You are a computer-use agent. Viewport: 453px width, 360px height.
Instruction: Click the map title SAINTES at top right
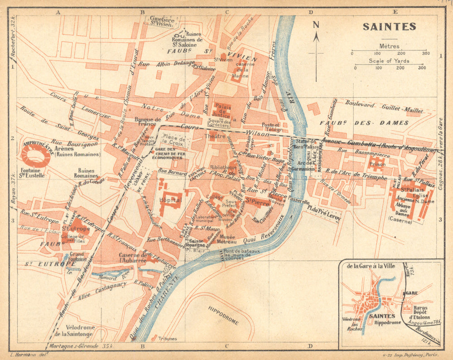389,27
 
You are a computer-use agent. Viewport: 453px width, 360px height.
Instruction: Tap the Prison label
377,164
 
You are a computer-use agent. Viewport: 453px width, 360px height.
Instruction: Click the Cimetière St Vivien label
163,21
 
